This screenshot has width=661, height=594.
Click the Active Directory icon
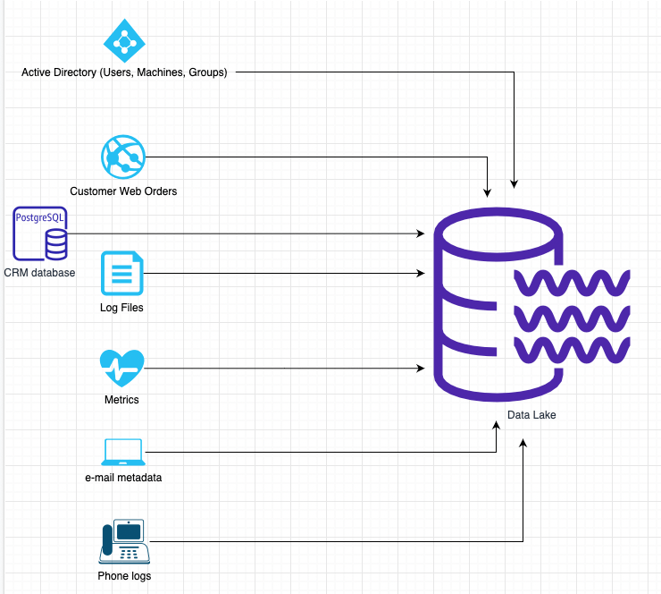pyautogui.click(x=124, y=39)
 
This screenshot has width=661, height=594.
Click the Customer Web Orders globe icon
pyautogui.click(x=122, y=158)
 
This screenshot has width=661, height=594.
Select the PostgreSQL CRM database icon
pyautogui.click(x=41, y=233)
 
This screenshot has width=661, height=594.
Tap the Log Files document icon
pyautogui.click(x=122, y=273)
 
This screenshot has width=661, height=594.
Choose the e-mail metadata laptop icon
pyautogui.click(x=123, y=452)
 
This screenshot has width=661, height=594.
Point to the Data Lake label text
pyautogui.click(x=531, y=415)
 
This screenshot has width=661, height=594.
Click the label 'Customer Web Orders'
pyautogui.click(x=123, y=191)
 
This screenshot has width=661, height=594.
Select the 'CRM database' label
pyautogui.click(x=39, y=272)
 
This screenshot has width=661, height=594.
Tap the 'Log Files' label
pyautogui.click(x=121, y=308)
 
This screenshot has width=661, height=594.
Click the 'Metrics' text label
pyautogui.click(x=121, y=400)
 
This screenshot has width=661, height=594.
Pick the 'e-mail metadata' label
pyautogui.click(x=123, y=478)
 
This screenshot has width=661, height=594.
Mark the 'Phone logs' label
pyautogui.click(x=124, y=575)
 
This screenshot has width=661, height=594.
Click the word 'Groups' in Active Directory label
pyautogui.click(x=207, y=72)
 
